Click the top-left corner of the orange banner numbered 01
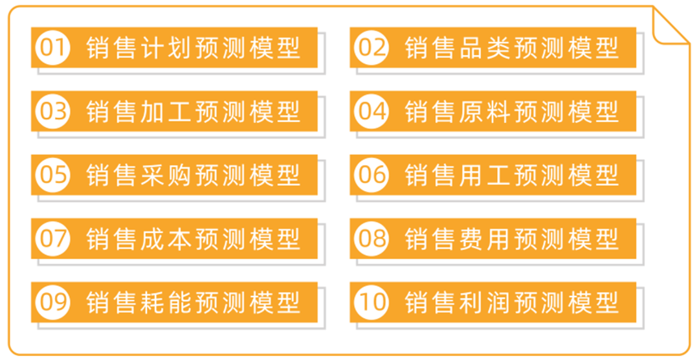point(31,28)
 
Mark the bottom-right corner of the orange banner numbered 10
point(636,322)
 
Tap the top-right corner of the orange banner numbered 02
point(636,28)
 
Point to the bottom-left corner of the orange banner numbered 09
point(31,322)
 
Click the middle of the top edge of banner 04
point(493,91)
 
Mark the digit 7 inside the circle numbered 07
point(61,239)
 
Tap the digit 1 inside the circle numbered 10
point(364,302)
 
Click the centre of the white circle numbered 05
point(52,175)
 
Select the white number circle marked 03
point(52,111)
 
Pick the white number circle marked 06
point(372,175)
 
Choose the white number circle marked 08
point(372,239)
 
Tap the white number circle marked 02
point(372,48)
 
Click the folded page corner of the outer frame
point(671,25)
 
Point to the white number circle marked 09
point(52,302)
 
